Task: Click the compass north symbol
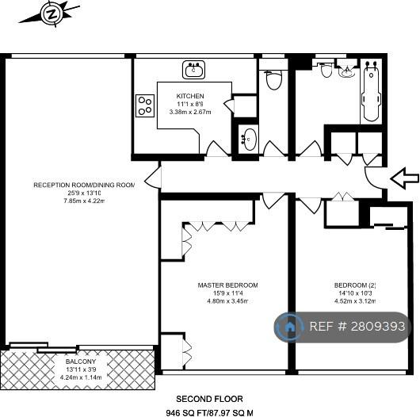[52, 14]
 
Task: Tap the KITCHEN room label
[190, 96]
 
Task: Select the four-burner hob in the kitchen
[145, 105]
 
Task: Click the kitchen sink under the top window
[193, 70]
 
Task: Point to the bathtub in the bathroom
[371, 91]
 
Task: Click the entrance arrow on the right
[404, 178]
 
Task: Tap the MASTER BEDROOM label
[227, 285]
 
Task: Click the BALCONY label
[81, 362]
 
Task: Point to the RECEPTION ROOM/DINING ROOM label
[84, 185]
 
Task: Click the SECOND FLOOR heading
[209, 399]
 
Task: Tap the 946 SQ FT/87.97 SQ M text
[209, 413]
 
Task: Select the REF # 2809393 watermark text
[357, 327]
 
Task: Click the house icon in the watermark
[289, 327]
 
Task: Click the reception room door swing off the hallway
[153, 178]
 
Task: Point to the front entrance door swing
[375, 177]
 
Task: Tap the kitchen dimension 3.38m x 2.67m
[190, 112]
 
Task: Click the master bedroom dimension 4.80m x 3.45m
[227, 301]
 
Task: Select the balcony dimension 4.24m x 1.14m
[81, 377]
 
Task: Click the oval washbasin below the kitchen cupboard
[250, 140]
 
